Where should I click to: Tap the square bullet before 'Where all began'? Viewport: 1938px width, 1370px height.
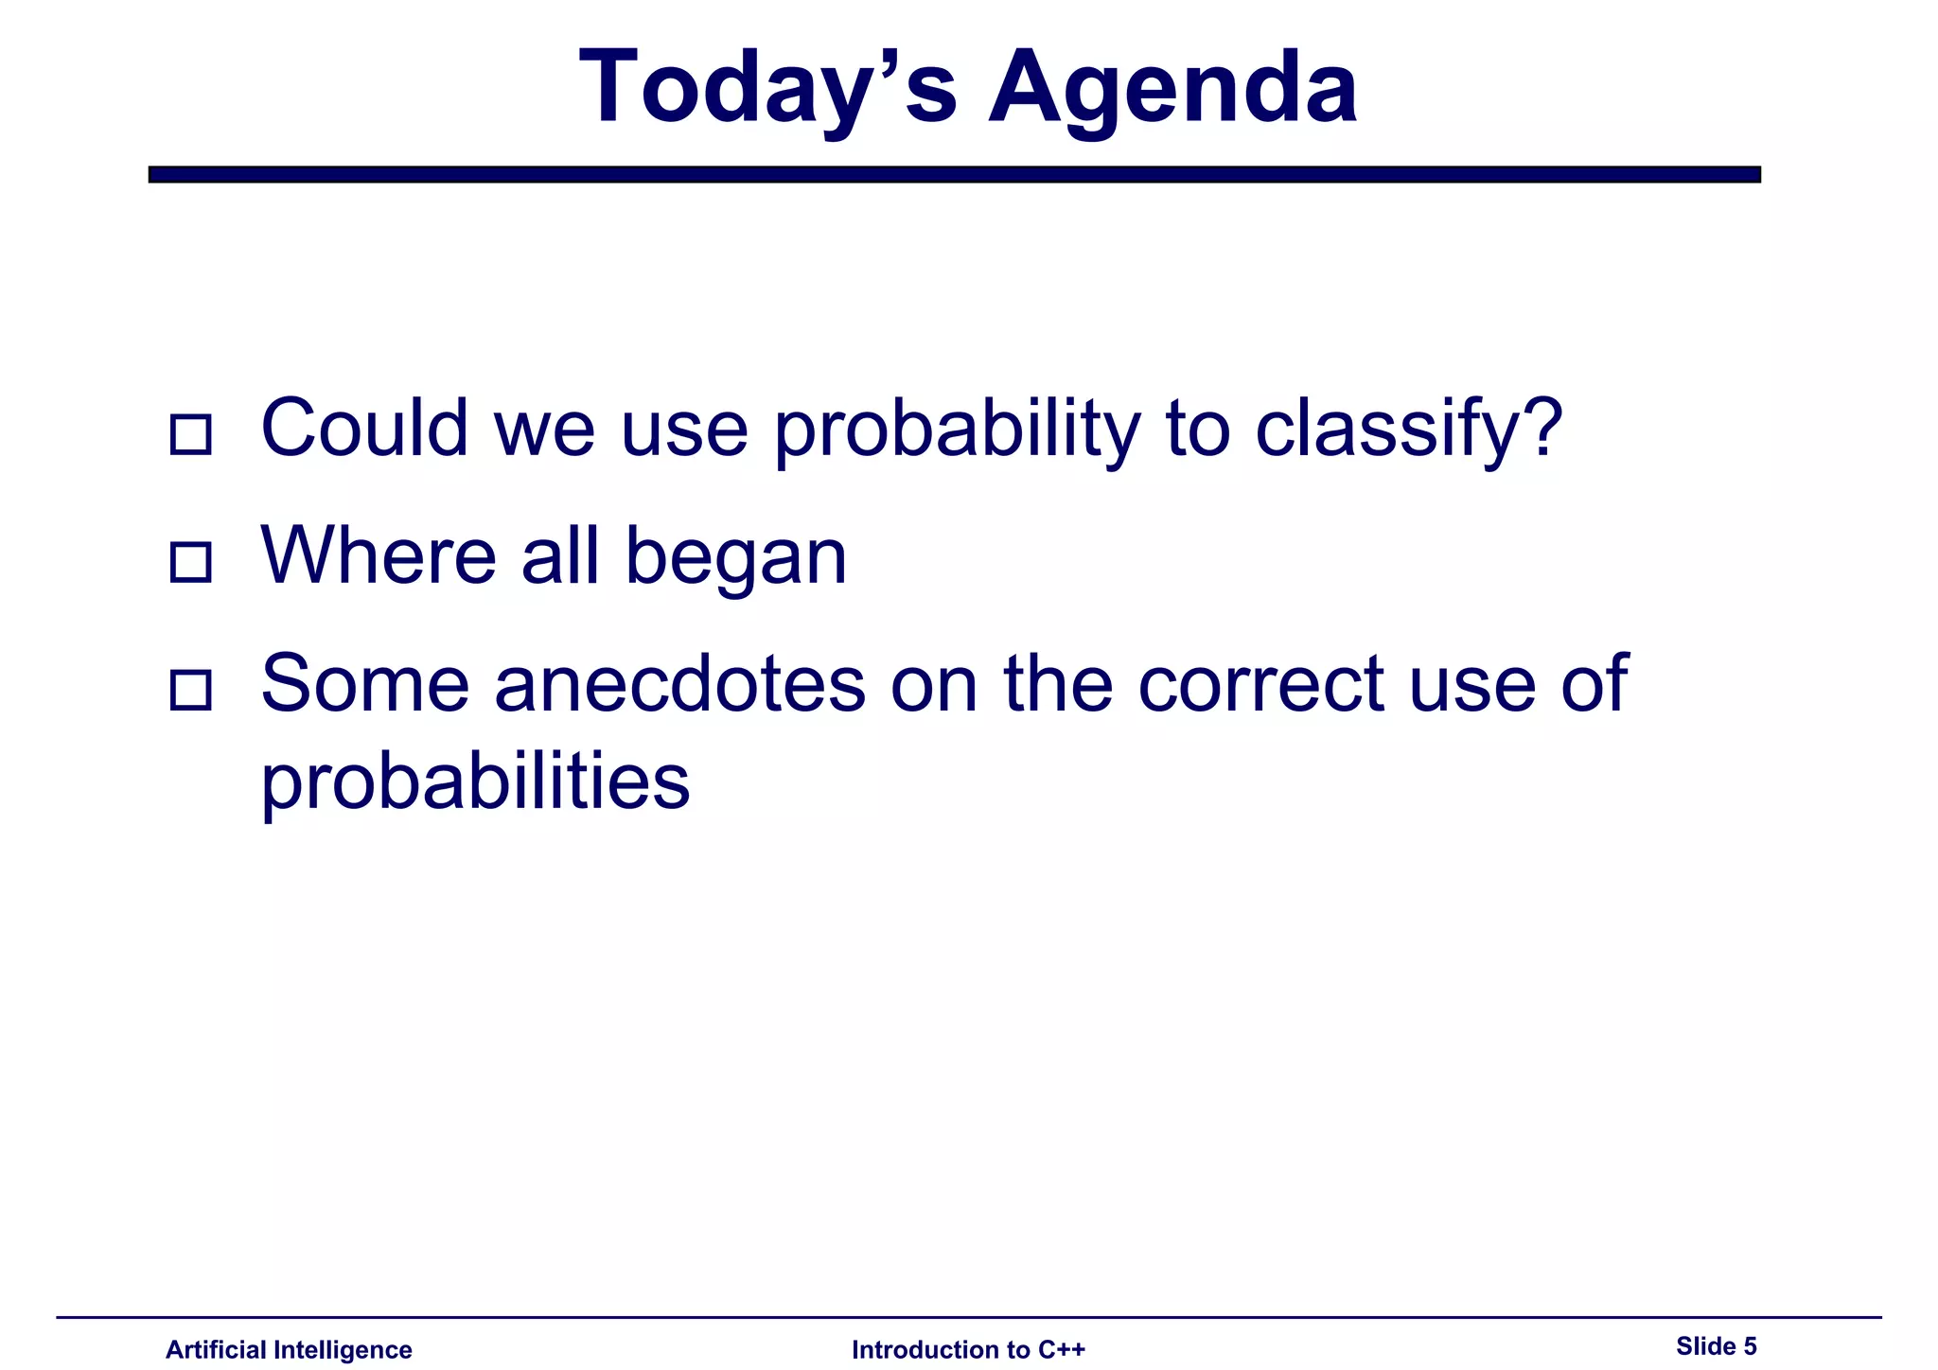click(190, 562)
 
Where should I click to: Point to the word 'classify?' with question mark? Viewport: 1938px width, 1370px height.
click(1408, 430)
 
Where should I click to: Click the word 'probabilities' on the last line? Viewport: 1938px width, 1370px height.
click(475, 783)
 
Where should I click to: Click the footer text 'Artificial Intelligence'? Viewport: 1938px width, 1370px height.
click(289, 1349)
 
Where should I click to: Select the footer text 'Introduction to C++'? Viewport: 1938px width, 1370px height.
click(968, 1349)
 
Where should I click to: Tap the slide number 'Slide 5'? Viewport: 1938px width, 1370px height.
click(1716, 1345)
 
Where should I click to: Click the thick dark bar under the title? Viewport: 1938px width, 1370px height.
click(954, 174)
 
